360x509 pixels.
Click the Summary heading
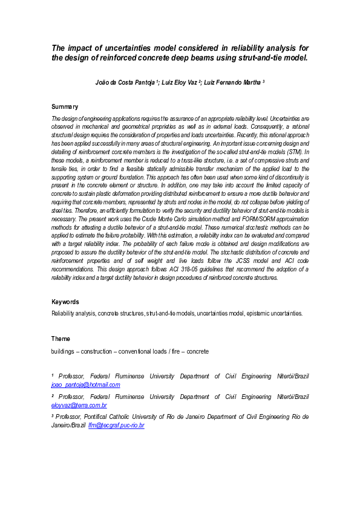pyautogui.click(x=65, y=106)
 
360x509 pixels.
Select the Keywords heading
pyautogui.click(x=65, y=302)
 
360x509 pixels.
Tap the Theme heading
pyautogui.click(x=61, y=339)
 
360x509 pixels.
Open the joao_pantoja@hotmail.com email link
pyautogui.click(x=86, y=384)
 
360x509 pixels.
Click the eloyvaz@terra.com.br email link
pyautogui.click(x=79, y=405)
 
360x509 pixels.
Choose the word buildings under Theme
pyautogui.click(x=64, y=351)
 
